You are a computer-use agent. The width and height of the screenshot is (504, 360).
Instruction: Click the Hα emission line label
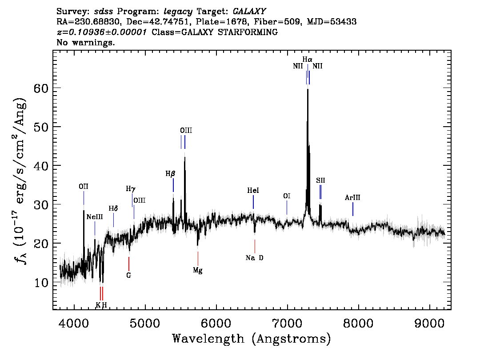307,59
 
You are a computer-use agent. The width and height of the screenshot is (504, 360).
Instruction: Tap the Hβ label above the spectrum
170,174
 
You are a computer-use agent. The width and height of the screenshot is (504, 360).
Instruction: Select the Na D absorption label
254,258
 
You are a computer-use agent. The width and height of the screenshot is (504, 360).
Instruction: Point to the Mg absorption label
198,270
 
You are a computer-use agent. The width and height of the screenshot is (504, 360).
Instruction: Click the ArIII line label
352,198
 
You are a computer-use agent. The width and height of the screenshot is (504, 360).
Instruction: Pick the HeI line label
253,191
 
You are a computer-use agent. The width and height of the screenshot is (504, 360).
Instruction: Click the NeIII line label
94,216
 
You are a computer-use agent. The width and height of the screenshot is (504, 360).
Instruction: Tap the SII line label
320,180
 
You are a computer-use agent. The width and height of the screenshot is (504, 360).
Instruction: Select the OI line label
287,196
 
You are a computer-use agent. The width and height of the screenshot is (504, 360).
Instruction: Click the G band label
128,275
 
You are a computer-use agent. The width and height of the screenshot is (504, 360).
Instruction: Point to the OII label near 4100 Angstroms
83,187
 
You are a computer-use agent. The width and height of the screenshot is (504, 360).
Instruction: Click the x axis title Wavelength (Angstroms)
252,339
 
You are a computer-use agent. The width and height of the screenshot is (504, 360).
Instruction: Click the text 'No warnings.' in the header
86,43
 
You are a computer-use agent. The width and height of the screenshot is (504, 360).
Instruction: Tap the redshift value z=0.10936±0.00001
102,32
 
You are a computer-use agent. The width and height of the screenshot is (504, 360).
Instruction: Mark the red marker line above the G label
128,264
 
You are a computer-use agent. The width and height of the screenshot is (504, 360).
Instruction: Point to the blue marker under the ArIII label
353,209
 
